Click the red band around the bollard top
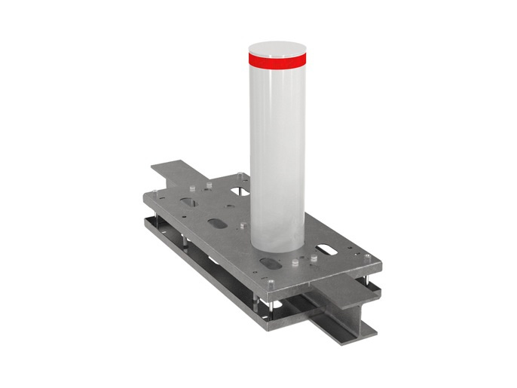pyautogui.click(x=277, y=57)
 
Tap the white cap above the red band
pyautogui.click(x=277, y=46)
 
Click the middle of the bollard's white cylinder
pyautogui.click(x=277, y=151)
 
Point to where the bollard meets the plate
pyautogui.click(x=277, y=246)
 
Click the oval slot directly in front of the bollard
pyautogui.click(x=269, y=263)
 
